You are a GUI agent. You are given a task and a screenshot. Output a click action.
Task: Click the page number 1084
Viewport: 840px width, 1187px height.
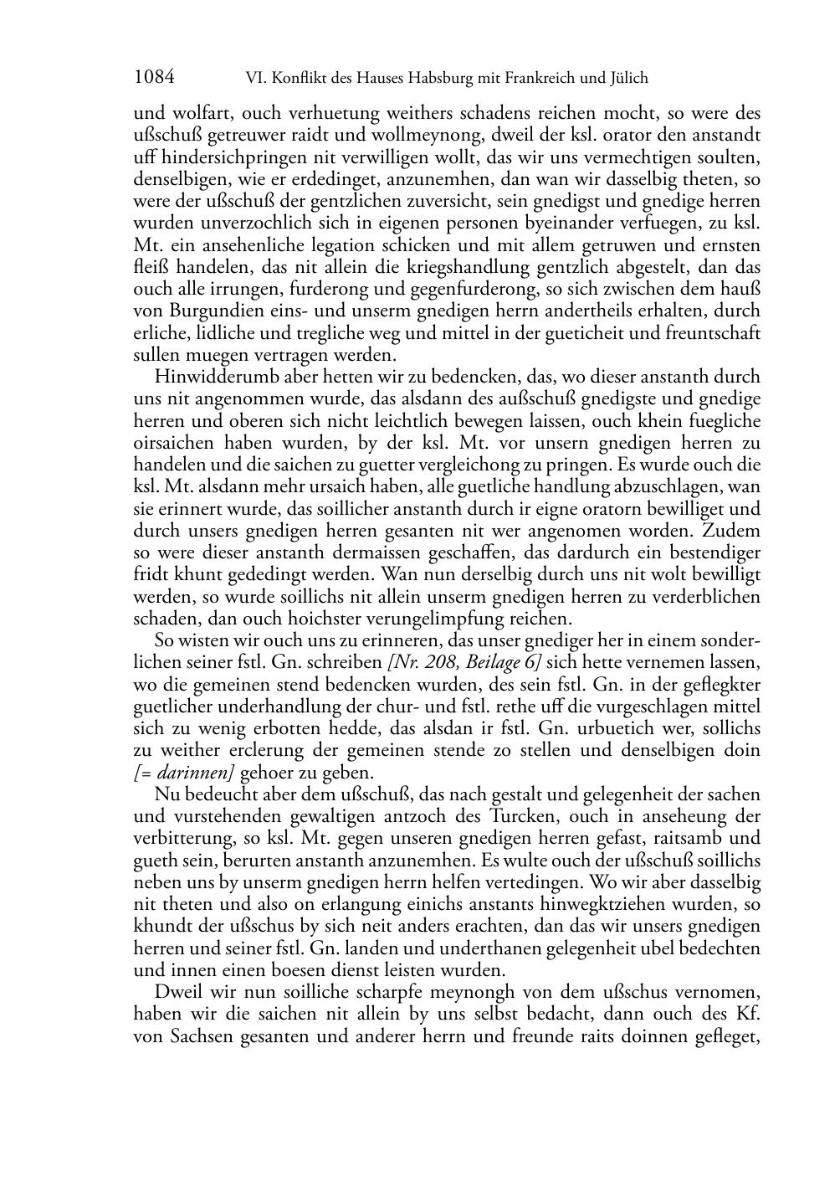pyautogui.click(x=154, y=78)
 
